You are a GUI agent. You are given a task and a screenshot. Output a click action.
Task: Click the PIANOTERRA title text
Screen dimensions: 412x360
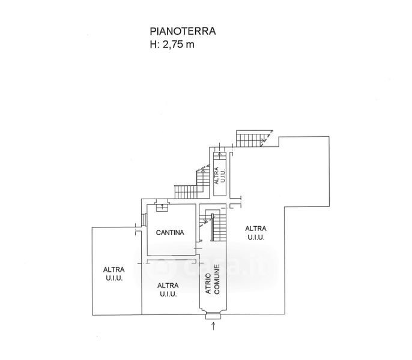(183, 31)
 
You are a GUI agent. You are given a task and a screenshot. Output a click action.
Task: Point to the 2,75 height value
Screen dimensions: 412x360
(173, 44)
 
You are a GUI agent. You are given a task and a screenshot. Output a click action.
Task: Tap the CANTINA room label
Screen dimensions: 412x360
(170, 232)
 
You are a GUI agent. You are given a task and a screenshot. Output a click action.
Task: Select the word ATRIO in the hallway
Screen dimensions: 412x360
(208, 284)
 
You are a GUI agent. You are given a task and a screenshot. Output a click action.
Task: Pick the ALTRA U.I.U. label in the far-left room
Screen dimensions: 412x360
(114, 274)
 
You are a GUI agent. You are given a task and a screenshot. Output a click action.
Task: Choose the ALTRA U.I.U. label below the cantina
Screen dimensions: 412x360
(168, 290)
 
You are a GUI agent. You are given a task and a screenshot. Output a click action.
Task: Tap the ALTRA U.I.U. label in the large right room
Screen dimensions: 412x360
(256, 233)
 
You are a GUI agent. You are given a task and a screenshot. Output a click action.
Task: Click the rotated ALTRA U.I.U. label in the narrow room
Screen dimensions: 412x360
(219, 176)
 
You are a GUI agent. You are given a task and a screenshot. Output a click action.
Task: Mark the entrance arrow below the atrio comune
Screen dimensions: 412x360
(213, 326)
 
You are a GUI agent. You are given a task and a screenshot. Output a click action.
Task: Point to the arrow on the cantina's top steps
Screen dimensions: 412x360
(162, 206)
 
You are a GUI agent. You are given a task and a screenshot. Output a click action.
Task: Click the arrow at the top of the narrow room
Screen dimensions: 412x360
(220, 154)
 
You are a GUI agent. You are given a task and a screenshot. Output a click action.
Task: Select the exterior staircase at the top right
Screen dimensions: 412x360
(254, 139)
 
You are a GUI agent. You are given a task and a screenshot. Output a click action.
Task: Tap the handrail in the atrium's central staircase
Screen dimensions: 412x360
(212, 227)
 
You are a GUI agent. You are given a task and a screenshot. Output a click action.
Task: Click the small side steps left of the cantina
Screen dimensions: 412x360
(144, 220)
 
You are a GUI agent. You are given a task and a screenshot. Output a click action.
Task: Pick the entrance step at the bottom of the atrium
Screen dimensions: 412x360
(213, 316)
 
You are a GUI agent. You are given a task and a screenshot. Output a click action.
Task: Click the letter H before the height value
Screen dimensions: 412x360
(153, 44)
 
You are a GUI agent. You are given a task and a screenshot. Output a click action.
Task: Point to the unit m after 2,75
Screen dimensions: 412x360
(190, 45)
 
